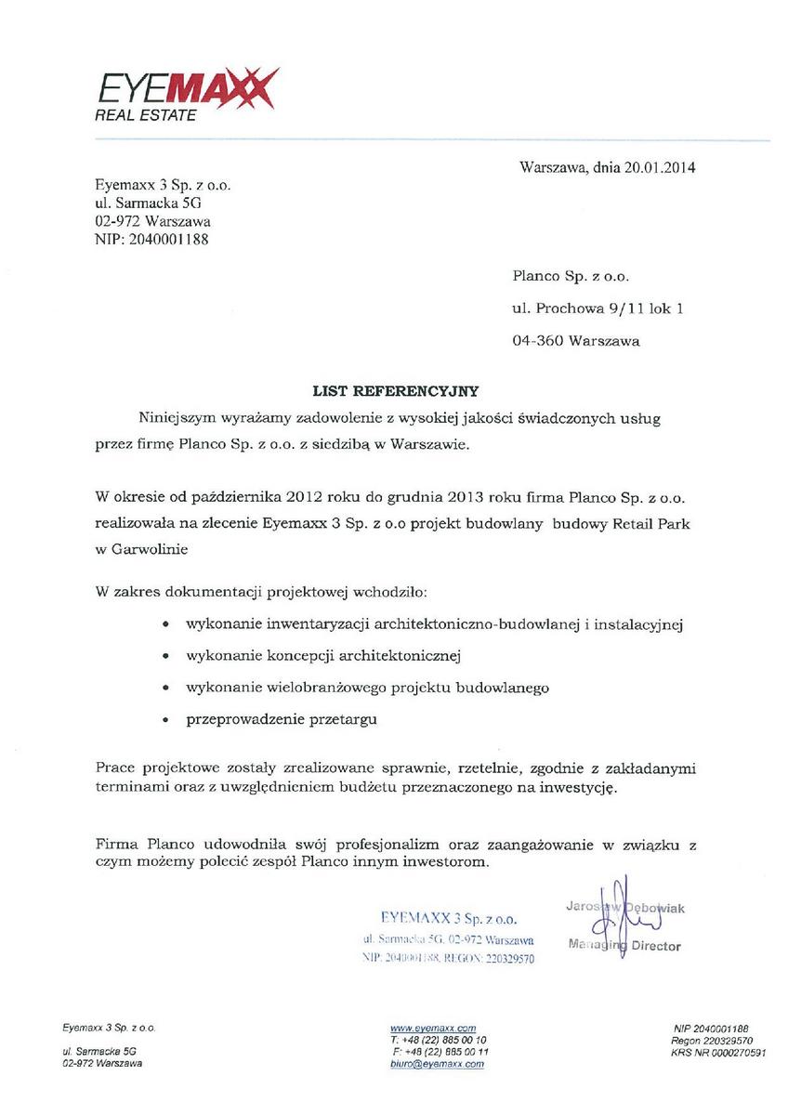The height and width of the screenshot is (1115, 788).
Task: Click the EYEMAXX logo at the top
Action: [186, 93]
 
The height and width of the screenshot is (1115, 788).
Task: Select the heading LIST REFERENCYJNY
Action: [394, 392]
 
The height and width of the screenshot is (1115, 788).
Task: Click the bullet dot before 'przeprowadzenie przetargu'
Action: [165, 721]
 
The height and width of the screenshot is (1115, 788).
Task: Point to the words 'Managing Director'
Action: [624, 946]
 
